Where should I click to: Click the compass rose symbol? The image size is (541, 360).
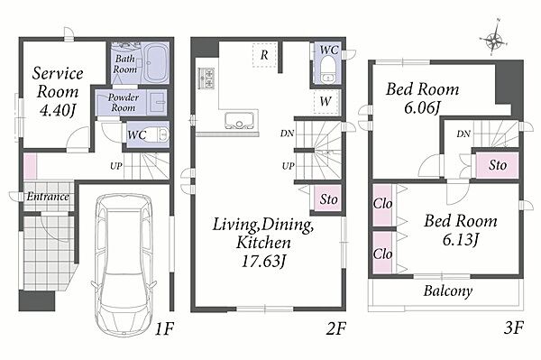(x=494, y=40)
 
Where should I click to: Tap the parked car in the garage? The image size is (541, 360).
(x=124, y=264)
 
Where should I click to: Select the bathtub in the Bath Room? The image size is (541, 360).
(x=156, y=62)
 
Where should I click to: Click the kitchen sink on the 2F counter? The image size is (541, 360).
(x=239, y=120)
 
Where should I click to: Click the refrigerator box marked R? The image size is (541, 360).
(x=264, y=55)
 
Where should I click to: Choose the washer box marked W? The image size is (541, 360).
(x=326, y=101)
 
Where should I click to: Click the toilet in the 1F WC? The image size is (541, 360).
(x=160, y=134)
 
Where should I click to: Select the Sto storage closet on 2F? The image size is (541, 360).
(x=327, y=198)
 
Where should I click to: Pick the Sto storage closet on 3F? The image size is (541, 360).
(x=497, y=165)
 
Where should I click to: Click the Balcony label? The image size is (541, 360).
(x=448, y=291)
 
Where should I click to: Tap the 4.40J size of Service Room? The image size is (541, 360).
(x=58, y=110)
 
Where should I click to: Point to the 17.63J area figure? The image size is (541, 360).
(x=263, y=262)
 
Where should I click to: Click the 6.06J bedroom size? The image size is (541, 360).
(x=422, y=108)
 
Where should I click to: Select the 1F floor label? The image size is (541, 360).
(x=163, y=329)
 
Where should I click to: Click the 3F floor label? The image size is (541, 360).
(x=514, y=328)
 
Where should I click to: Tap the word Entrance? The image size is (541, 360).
(x=48, y=197)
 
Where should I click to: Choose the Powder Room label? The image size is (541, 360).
(x=124, y=102)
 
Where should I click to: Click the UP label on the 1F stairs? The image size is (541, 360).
(x=116, y=166)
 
